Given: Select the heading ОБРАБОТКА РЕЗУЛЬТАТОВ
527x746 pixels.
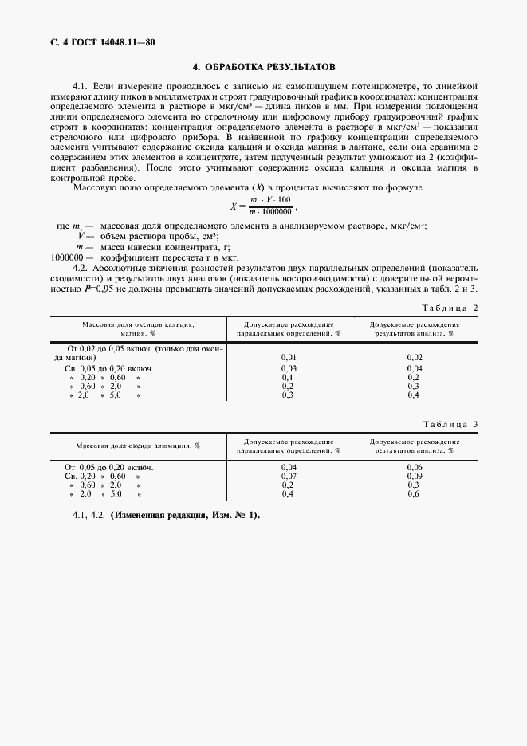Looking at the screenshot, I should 264,67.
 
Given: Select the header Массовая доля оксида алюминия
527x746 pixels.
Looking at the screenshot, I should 138,446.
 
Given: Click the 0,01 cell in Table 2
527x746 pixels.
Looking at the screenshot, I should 289,356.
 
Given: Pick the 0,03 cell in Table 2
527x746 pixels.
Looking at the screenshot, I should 289,368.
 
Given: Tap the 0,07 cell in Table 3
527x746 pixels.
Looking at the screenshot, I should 289,476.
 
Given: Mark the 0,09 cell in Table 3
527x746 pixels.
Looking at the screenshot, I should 414,476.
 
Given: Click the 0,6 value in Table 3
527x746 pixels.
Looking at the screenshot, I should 414,494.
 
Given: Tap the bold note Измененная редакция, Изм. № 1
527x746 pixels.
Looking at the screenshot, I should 185,515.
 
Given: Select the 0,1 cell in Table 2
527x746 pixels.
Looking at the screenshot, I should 289,377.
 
